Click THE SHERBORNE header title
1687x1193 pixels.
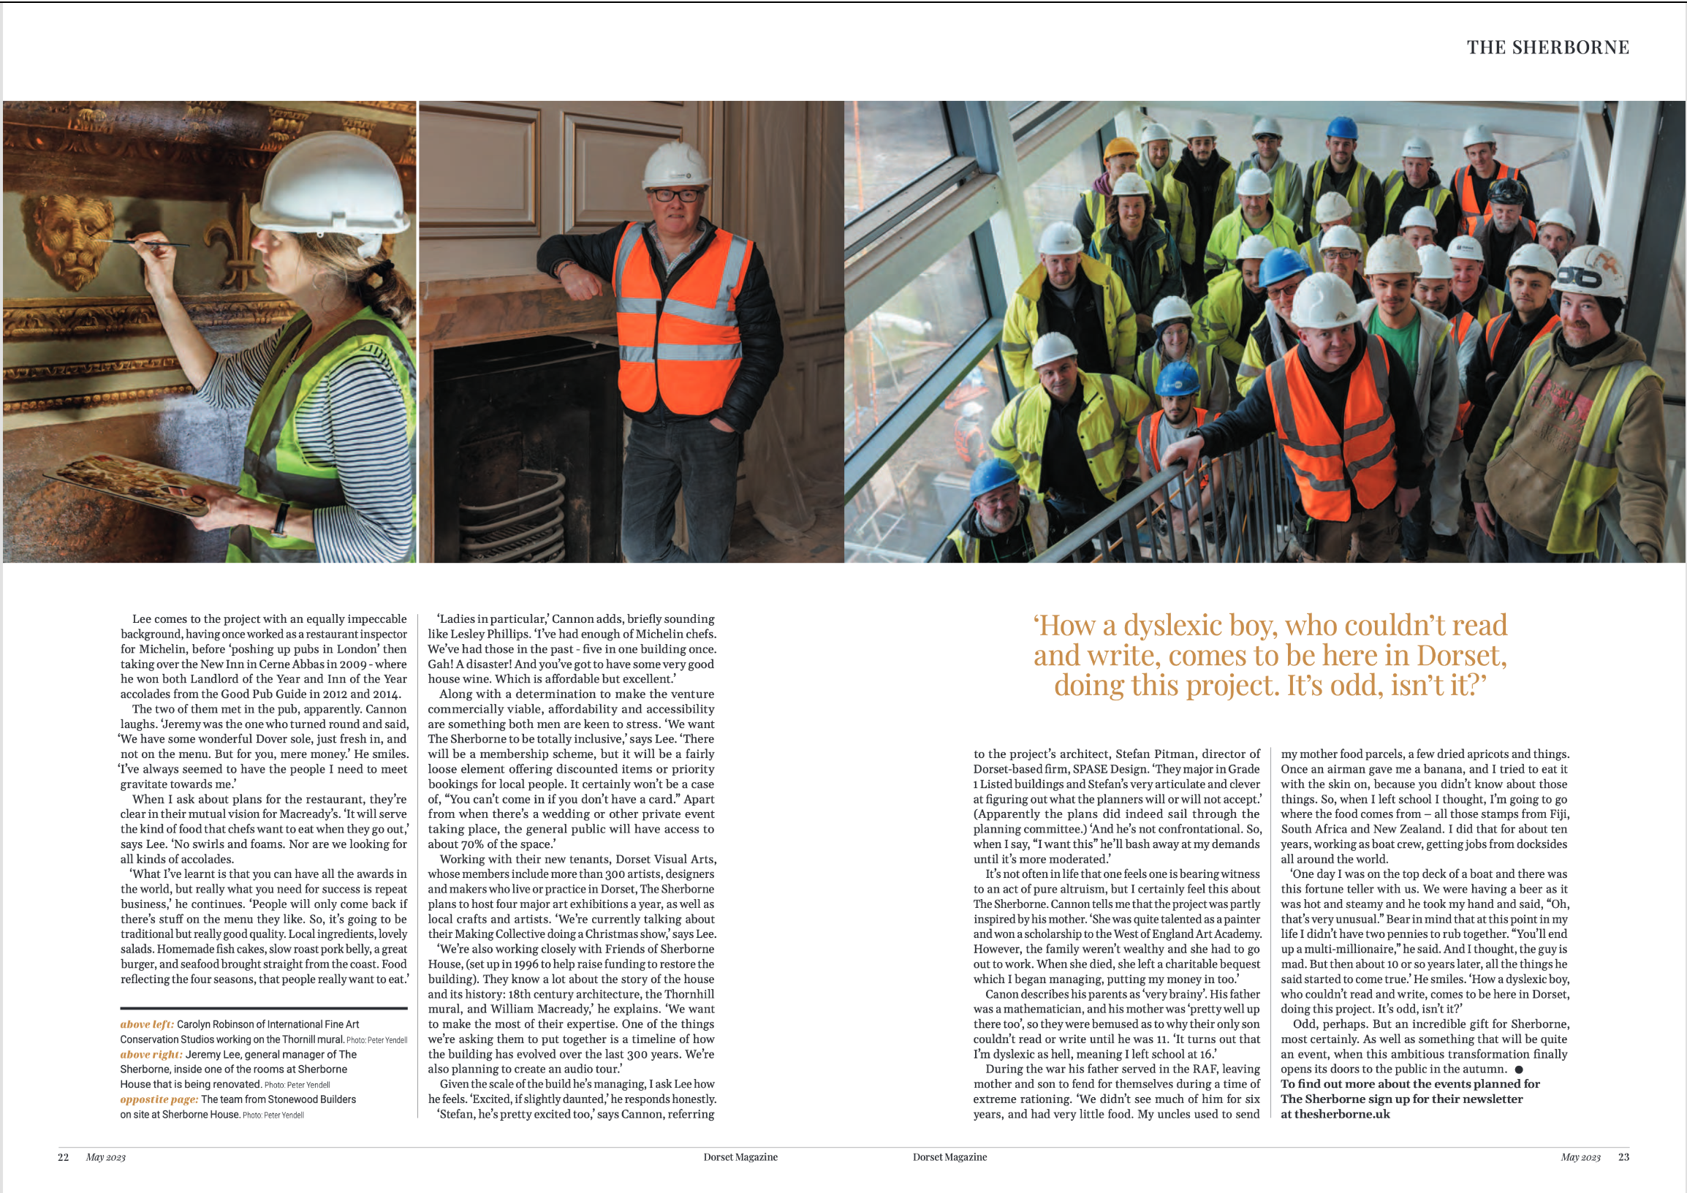tap(1547, 48)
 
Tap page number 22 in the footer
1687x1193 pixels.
tap(63, 1157)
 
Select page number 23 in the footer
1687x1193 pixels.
tap(1623, 1157)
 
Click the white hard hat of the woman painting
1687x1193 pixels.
tap(338, 186)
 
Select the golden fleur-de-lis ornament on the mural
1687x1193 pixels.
tap(229, 243)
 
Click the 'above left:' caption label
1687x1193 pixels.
tap(147, 1024)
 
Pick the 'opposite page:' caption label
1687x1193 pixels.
tap(159, 1099)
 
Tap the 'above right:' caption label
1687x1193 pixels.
tap(151, 1054)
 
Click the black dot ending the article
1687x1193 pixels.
tap(1519, 1069)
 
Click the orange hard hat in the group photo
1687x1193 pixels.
tap(1121, 148)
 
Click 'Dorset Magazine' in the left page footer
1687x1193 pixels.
tap(740, 1157)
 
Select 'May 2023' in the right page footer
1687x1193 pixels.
tap(1580, 1157)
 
